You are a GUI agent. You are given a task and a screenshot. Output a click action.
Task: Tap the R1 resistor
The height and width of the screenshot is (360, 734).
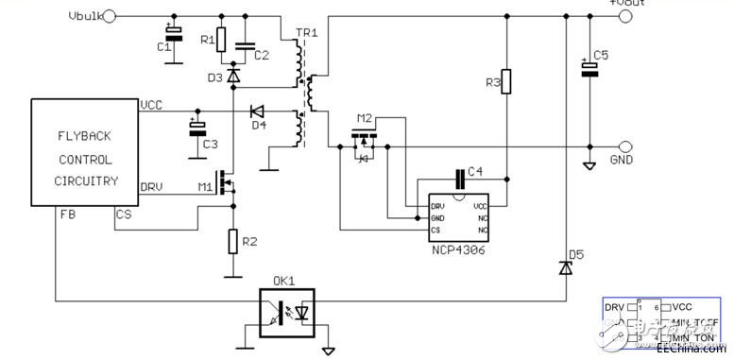pos(221,39)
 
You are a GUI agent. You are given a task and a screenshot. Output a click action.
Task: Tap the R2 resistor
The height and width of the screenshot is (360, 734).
pos(232,241)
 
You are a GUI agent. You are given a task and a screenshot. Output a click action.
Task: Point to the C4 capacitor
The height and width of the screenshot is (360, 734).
pos(460,176)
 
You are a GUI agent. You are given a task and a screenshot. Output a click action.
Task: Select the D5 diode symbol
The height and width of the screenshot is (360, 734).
pos(565,268)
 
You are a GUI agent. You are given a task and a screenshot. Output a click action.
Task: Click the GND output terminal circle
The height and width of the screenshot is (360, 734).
pos(626,146)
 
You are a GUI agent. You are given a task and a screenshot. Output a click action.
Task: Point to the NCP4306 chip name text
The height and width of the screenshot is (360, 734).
pos(459,249)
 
